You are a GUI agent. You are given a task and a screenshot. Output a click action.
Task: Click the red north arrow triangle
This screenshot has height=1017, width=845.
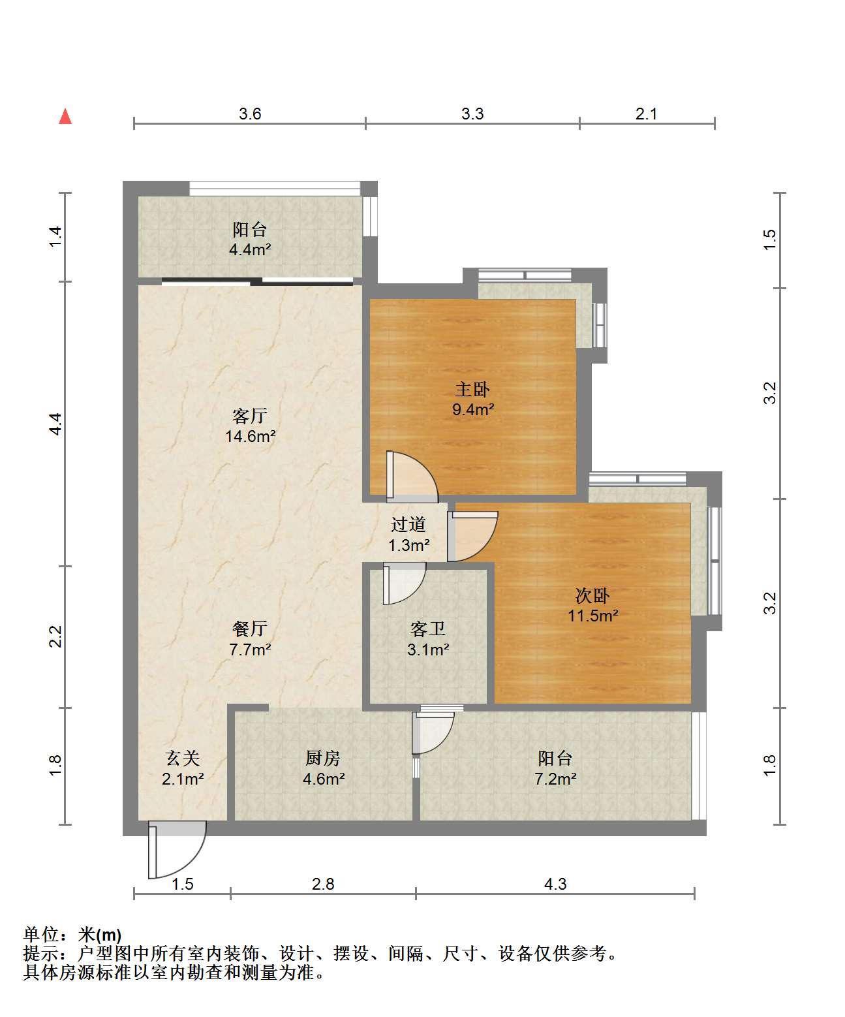click(x=65, y=117)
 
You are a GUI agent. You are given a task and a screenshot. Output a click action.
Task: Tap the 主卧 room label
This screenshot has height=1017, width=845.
click(x=472, y=389)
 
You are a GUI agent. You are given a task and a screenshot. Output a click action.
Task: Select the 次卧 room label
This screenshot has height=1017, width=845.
click(x=592, y=595)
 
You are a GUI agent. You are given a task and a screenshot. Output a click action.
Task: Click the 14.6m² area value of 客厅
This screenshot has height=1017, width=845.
click(x=251, y=436)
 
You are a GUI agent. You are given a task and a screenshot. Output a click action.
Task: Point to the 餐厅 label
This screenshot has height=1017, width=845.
click(x=250, y=629)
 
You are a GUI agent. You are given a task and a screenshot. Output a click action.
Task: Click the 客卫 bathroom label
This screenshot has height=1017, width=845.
click(x=427, y=629)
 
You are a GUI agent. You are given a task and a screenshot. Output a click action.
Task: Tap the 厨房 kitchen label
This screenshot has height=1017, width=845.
click(x=323, y=758)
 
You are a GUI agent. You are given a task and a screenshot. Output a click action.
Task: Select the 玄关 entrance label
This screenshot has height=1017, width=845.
click(x=182, y=758)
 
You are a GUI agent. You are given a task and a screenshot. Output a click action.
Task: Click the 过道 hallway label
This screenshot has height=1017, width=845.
click(x=408, y=524)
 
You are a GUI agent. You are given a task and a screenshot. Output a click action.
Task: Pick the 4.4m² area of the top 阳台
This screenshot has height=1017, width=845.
click(x=250, y=249)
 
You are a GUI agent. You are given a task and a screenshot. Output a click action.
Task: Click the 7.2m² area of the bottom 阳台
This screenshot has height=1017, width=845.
click(x=555, y=779)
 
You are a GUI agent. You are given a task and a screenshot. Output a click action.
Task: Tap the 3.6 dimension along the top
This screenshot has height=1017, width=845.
click(x=250, y=114)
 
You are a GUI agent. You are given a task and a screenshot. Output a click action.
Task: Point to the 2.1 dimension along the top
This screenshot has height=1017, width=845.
click(x=646, y=114)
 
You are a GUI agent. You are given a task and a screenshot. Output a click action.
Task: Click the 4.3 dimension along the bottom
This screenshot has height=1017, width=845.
click(x=555, y=884)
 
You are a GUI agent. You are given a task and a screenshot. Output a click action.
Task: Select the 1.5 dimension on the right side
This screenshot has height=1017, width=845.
click(x=769, y=240)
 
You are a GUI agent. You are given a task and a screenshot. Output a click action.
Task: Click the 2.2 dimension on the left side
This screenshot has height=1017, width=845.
click(x=56, y=636)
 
